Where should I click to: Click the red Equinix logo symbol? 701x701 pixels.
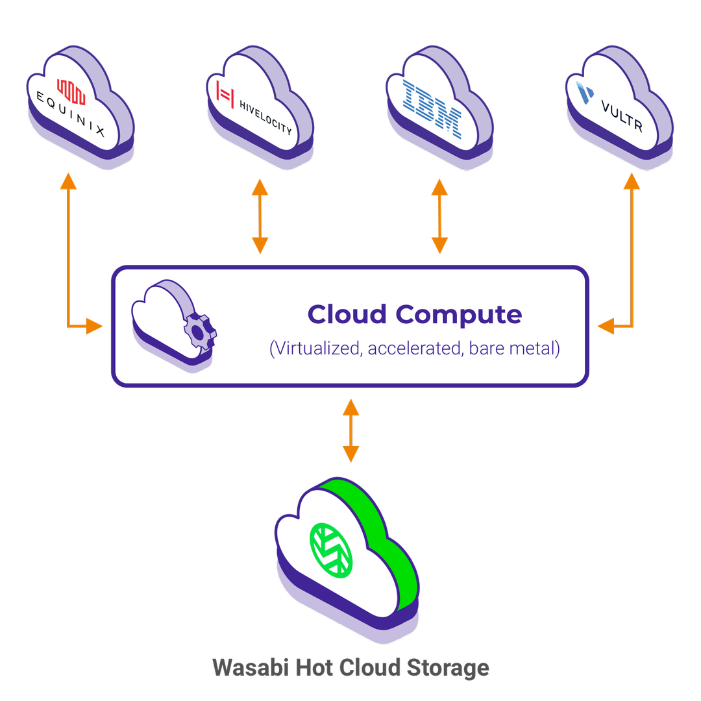[71, 93]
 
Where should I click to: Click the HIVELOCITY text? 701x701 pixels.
[265, 117]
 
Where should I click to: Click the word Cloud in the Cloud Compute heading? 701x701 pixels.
[347, 314]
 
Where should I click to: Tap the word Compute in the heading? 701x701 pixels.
[459, 314]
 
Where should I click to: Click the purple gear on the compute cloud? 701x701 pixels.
[199, 330]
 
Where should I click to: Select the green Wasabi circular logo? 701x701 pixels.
[331, 549]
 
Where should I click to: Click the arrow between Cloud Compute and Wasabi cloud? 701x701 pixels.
[350, 430]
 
